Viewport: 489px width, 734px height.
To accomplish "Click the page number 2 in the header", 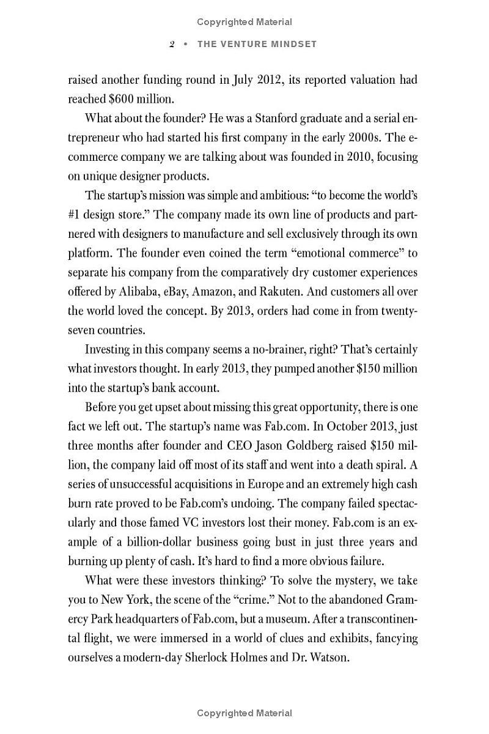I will point(172,44).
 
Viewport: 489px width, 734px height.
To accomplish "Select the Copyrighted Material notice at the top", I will point(244,22).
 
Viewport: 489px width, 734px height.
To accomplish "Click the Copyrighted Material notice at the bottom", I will point(244,713).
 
